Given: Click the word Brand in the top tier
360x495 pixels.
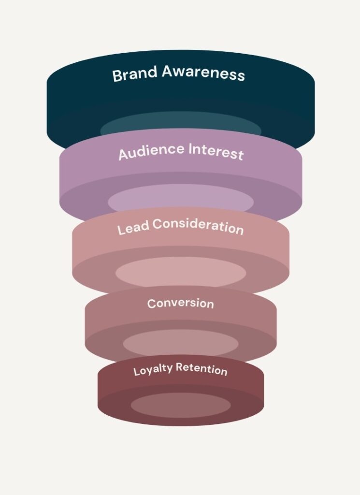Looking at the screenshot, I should point(135,74).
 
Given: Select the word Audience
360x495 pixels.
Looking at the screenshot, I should point(146,152).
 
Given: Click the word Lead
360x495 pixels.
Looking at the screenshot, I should point(130,229).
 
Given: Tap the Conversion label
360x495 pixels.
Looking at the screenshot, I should point(180,304).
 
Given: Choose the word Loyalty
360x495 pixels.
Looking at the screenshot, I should point(153,371).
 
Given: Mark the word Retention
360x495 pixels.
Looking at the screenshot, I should point(202,369).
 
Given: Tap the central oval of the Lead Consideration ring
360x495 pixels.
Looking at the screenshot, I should point(180,272).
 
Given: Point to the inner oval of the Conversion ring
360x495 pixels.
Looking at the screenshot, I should point(180,343).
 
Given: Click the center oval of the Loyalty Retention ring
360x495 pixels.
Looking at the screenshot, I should point(180,405).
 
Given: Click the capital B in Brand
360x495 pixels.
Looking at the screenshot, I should point(116,76).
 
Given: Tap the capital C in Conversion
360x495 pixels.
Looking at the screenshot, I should point(151,304).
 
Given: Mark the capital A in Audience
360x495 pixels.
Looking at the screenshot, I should point(123,154).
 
